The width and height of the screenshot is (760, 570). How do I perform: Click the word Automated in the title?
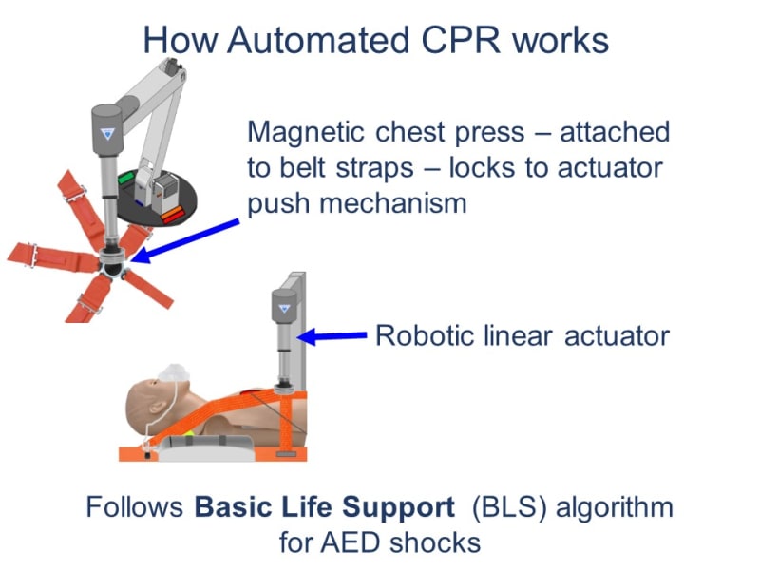tap(290, 40)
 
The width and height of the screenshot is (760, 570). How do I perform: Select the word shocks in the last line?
tap(438, 543)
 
